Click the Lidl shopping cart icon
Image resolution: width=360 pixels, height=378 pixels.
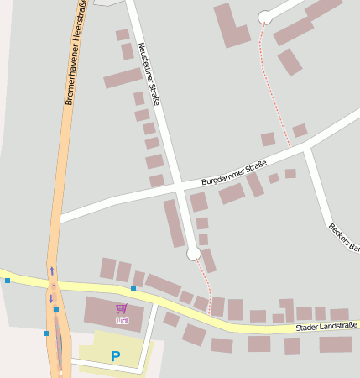point(122,308)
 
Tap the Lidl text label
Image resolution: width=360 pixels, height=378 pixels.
point(122,320)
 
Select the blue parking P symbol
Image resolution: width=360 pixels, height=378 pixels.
point(116,356)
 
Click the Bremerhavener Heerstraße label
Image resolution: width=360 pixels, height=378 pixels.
point(75,52)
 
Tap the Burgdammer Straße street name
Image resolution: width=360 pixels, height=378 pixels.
point(234,173)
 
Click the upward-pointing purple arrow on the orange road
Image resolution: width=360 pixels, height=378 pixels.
point(52,270)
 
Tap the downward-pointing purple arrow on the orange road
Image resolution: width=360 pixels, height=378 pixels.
point(50,298)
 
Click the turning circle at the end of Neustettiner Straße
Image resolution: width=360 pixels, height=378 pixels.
point(194,253)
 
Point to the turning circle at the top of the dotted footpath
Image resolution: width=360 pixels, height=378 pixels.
point(265,17)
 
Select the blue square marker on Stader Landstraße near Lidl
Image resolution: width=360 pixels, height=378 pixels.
point(133,289)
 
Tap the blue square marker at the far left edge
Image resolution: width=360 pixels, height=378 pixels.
point(8,280)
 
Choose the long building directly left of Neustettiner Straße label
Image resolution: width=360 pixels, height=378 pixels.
point(123,78)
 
